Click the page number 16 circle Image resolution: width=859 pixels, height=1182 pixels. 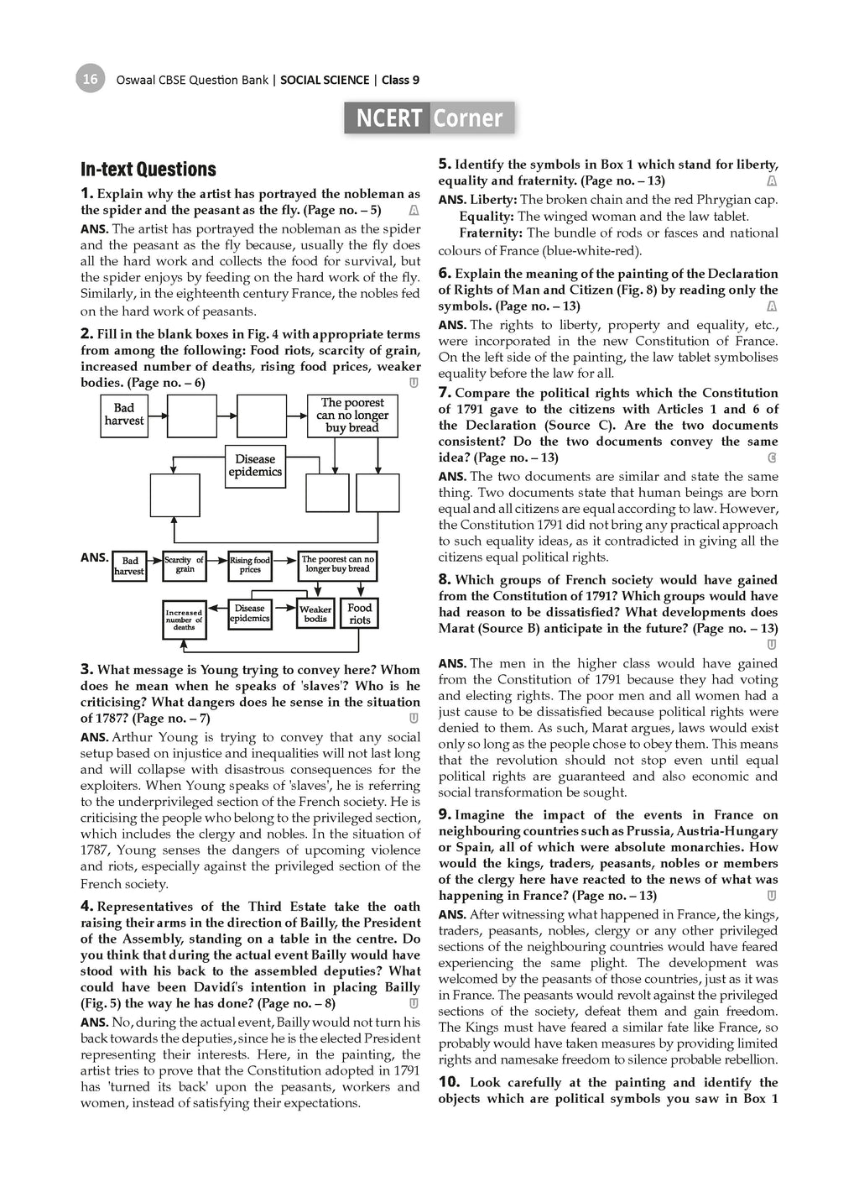[90, 79]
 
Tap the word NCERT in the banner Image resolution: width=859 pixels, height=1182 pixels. [388, 118]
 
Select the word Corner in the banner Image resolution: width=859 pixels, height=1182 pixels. [467, 118]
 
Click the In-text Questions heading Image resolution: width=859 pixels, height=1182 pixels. [148, 170]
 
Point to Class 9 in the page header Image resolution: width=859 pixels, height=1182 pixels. [401, 80]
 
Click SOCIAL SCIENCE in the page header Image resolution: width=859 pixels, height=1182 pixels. [325, 80]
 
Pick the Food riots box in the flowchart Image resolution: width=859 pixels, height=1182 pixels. [360, 614]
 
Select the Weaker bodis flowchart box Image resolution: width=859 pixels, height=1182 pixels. [315, 614]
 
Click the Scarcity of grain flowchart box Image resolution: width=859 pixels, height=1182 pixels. [185, 565]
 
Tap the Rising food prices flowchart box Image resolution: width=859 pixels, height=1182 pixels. [250, 565]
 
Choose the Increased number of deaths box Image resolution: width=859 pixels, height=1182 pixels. [184, 620]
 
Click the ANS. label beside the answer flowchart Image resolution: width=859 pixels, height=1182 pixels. [94, 557]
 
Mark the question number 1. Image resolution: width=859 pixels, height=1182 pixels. [86, 193]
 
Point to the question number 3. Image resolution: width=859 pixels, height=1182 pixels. [86, 669]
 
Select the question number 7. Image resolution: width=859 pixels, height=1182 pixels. [445, 392]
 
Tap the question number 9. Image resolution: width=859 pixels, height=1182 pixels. [445, 814]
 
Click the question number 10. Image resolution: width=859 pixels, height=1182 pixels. [449, 1082]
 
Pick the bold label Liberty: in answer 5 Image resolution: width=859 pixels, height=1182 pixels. [493, 200]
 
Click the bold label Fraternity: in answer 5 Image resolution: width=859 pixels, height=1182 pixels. [491, 233]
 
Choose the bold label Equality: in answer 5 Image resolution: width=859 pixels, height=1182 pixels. [487, 217]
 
